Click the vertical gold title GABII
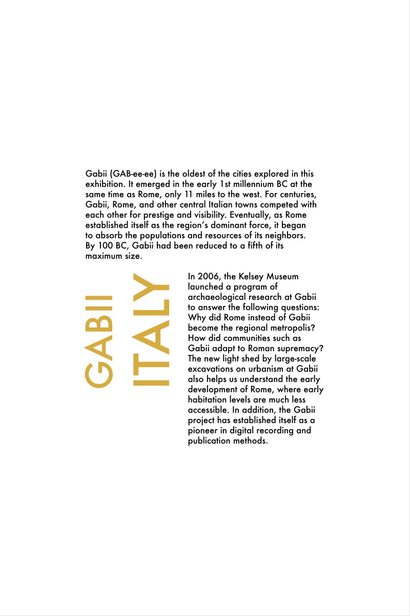(x=99, y=341)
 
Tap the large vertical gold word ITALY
(x=151, y=330)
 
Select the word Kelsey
(x=252, y=277)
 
